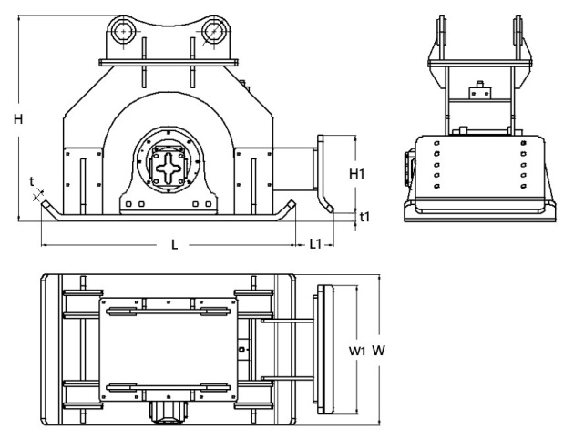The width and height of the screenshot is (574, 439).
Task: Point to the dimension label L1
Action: click(314, 243)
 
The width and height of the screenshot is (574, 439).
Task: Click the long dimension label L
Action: click(175, 243)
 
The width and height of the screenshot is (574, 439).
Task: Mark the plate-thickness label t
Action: click(32, 181)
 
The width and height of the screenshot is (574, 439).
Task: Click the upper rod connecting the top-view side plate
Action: click(288, 321)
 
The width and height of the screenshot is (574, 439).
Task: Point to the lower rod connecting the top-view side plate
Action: click(288, 378)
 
